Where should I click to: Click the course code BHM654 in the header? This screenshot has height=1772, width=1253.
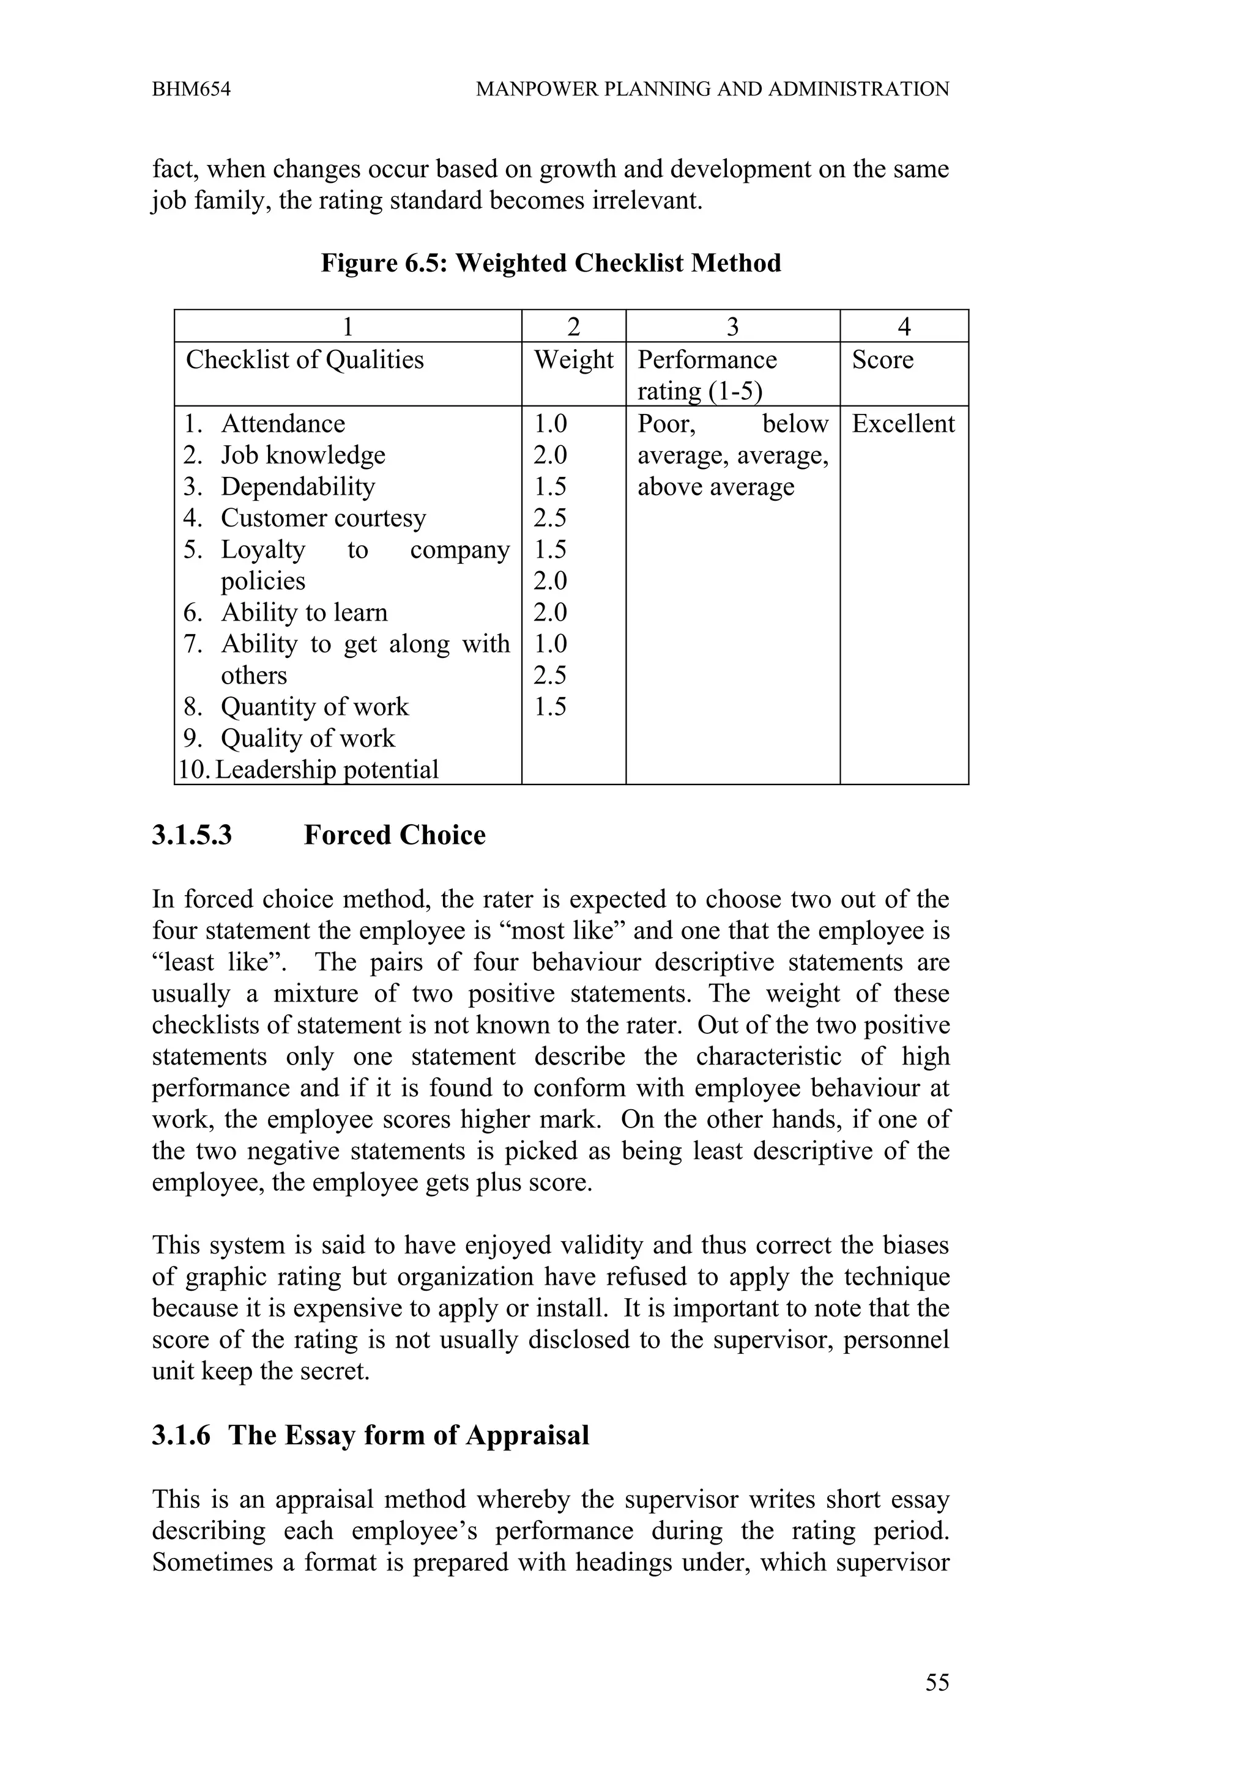191,89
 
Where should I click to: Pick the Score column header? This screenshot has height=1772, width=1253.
882,360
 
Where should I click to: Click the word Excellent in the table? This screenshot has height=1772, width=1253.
902,424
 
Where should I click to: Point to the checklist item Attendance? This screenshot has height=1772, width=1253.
283,424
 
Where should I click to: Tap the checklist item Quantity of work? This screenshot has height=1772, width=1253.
314,707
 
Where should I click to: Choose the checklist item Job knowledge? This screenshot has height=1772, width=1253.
303,456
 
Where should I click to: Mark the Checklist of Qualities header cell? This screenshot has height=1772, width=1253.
305,360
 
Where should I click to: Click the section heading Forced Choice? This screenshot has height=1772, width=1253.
395,835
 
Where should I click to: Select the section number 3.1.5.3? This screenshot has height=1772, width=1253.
192,835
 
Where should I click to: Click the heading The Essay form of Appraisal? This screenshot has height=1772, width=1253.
409,1434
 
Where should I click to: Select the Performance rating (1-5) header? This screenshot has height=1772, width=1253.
707,375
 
